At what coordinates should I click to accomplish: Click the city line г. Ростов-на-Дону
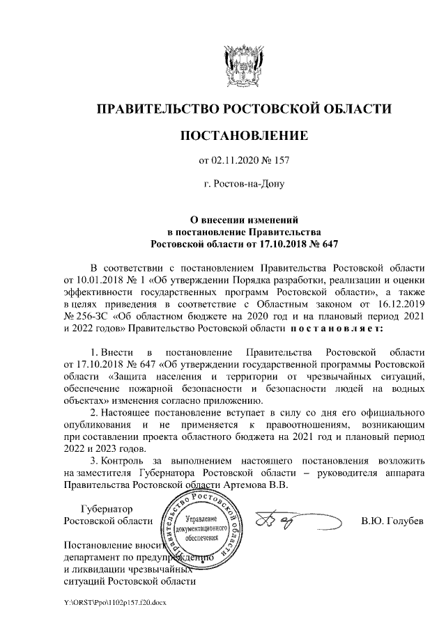[x=243, y=186]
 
